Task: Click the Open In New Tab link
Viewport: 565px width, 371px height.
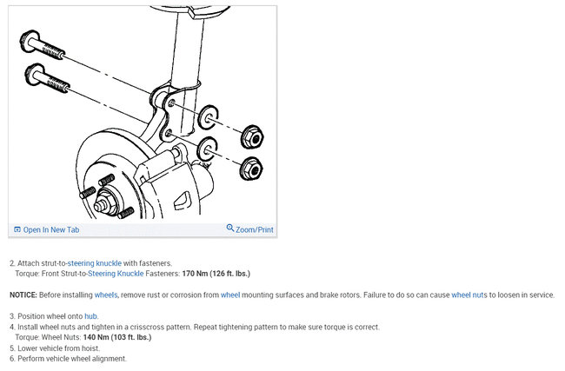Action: pyautogui.click(x=50, y=230)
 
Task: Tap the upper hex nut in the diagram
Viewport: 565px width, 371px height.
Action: pyautogui.click(x=251, y=136)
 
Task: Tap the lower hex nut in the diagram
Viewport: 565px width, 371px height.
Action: pyautogui.click(x=251, y=168)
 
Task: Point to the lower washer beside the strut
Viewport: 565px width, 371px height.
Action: pyautogui.click(x=208, y=148)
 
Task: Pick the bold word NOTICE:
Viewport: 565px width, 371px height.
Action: pyautogui.click(x=23, y=295)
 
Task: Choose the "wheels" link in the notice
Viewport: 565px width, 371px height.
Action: pyautogui.click(x=105, y=295)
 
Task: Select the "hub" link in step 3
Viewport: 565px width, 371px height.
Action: pyautogui.click(x=91, y=316)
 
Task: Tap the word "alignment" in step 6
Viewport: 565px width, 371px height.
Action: pyautogui.click(x=109, y=358)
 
